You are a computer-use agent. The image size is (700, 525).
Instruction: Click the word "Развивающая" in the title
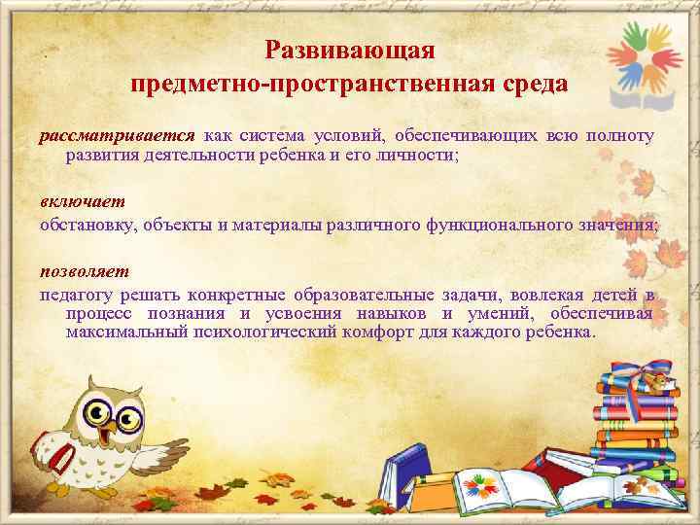pos(350,48)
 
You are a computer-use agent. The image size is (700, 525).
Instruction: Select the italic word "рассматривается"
pos(117,135)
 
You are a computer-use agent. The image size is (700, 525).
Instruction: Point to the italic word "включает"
pos(69,201)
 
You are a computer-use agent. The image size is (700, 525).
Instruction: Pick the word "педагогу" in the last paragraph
pos(76,295)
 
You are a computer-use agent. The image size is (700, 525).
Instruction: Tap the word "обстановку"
pos(88,225)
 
